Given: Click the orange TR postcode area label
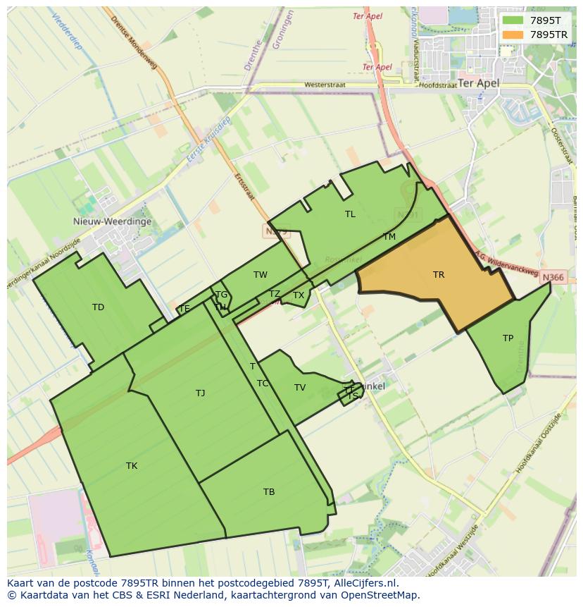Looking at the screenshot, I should point(439,275).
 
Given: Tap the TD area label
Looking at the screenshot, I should point(98,307).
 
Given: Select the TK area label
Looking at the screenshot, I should point(132,466).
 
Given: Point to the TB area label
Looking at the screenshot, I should point(269,492).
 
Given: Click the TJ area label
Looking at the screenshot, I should point(201,393).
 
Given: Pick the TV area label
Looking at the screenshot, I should point(300,388).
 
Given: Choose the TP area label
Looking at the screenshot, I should point(508,338).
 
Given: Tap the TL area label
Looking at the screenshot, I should point(350,214).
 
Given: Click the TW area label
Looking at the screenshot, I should point(261,275).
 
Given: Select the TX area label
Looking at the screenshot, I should point(299,295).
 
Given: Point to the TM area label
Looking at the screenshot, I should point(389,237).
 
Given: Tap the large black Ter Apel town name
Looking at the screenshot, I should point(478,83).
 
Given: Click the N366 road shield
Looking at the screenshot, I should point(553,278).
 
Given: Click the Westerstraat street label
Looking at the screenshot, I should point(325,85).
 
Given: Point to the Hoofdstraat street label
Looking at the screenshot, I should point(437,85).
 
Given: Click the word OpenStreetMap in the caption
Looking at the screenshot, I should point(380,595).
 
